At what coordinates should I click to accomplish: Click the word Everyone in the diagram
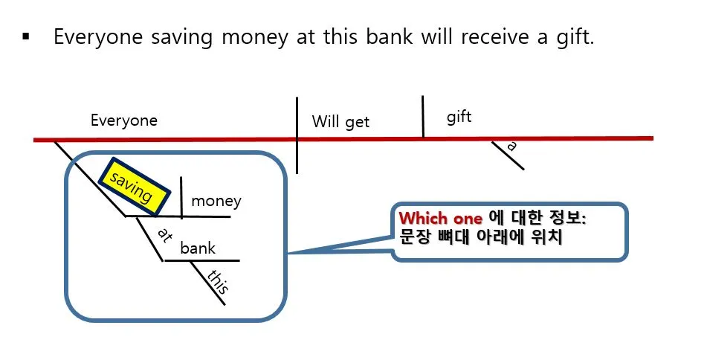point(124,120)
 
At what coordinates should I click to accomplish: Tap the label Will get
point(340,122)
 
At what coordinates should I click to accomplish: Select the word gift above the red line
point(459,117)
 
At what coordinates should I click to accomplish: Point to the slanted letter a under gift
point(511,147)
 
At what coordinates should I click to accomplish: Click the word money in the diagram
point(216,201)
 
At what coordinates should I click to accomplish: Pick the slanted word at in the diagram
point(165,236)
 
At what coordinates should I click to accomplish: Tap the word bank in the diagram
point(198,248)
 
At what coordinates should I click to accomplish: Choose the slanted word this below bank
point(219,283)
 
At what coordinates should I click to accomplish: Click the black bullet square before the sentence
point(27,36)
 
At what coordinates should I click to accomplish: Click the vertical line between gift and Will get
point(423,117)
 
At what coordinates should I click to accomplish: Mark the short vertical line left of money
point(182,196)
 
